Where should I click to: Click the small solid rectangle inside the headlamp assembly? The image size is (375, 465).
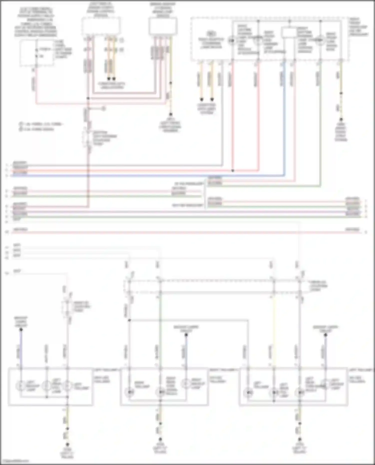pos(289,33)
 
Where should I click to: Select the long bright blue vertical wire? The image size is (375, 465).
pos(284,117)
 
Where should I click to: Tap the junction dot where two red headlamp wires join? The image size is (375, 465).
pos(233,171)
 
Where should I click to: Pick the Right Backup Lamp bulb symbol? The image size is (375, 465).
pos(186,384)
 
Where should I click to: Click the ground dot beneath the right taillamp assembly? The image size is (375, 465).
pos(160,439)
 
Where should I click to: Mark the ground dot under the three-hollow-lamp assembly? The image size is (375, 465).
pos(67,445)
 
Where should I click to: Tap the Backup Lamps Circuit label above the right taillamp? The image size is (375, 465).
pos(186,329)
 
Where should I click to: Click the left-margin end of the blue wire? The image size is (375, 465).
pos(7,176)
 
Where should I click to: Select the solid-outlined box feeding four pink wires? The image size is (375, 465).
pos(163,26)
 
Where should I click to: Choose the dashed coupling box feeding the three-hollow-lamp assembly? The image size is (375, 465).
pos(67,307)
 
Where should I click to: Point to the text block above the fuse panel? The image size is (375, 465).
pos(36,22)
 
